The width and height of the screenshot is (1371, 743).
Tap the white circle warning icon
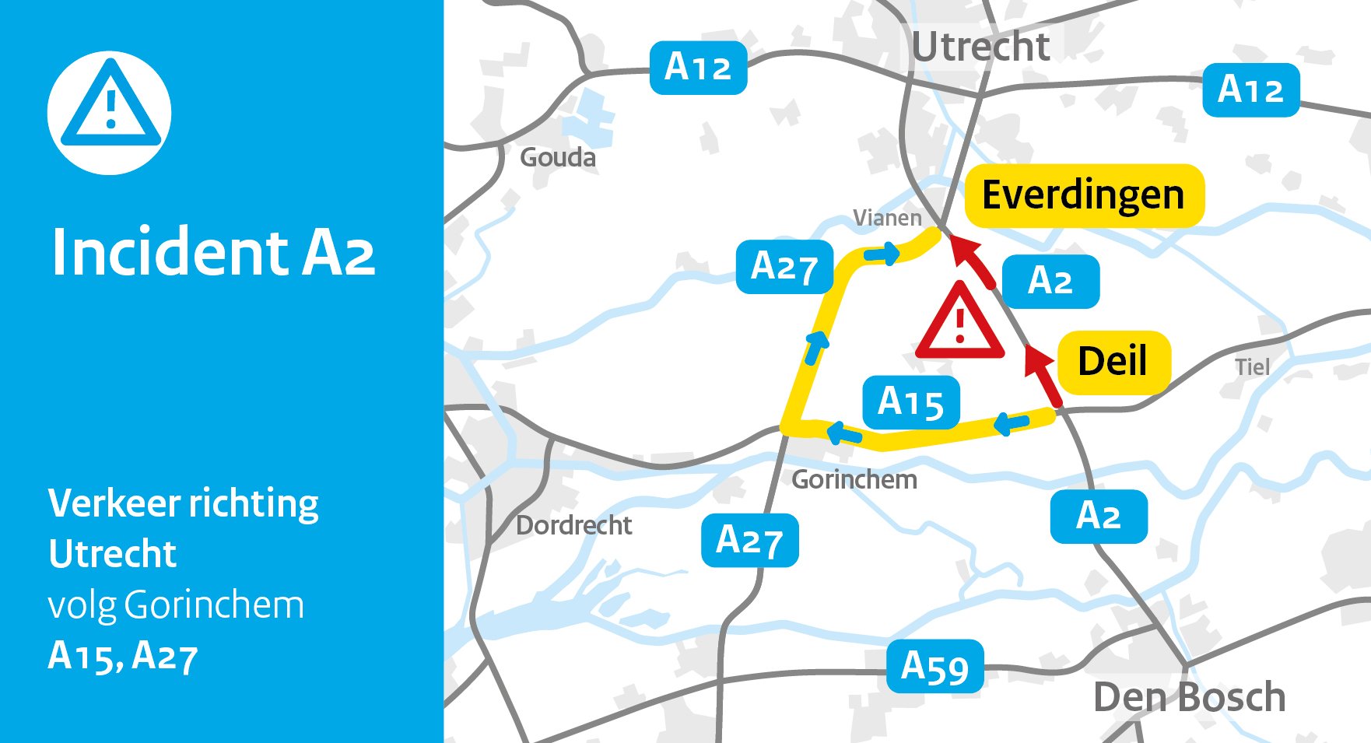pyautogui.click(x=110, y=113)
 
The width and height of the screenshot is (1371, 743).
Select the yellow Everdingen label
pyautogui.click(x=1084, y=195)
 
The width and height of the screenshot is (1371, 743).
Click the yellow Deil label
pyautogui.click(x=1113, y=362)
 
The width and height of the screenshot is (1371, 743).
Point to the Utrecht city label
pyautogui.click(x=980, y=47)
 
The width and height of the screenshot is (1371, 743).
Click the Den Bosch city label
pyautogui.click(x=1189, y=697)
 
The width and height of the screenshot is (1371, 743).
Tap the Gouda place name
pyautogui.click(x=558, y=158)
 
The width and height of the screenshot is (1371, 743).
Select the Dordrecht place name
pyautogui.click(x=573, y=526)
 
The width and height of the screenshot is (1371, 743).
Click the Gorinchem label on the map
pyautogui.click(x=854, y=480)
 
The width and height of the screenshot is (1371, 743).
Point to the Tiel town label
pyautogui.click(x=1252, y=367)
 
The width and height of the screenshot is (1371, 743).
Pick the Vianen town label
pyautogui.click(x=887, y=218)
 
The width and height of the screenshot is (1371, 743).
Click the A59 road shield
pyautogui.click(x=935, y=667)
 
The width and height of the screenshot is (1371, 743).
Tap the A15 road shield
pyautogui.click(x=911, y=403)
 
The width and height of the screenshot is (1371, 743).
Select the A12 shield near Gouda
pyautogui.click(x=698, y=68)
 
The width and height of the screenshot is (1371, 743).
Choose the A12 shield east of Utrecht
pyautogui.click(x=1250, y=90)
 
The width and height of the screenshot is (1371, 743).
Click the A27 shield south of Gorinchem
pyautogui.click(x=749, y=540)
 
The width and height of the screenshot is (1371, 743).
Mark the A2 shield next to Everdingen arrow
pyautogui.click(x=1050, y=282)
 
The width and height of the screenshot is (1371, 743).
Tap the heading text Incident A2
pyautogui.click(x=213, y=252)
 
